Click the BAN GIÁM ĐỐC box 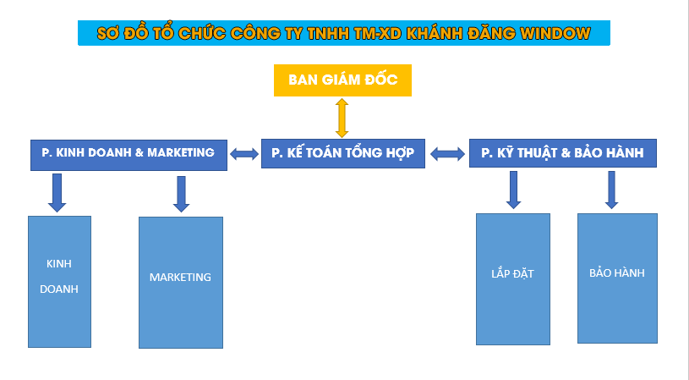click(342, 80)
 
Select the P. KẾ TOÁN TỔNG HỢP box click(343, 153)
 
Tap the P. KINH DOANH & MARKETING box click(129, 154)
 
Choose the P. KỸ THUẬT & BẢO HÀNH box click(562, 153)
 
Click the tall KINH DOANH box click(59, 281)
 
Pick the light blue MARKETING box click(180, 282)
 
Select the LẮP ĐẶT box click(512, 278)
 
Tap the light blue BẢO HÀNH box click(617, 278)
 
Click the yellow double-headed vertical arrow click(342, 117)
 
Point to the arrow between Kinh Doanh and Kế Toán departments click(244, 154)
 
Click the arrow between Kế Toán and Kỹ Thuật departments click(448, 154)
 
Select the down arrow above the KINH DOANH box click(57, 192)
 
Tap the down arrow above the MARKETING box click(181, 194)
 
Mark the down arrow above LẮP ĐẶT click(513, 190)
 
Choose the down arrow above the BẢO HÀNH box click(612, 190)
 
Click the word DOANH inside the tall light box click(59, 289)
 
